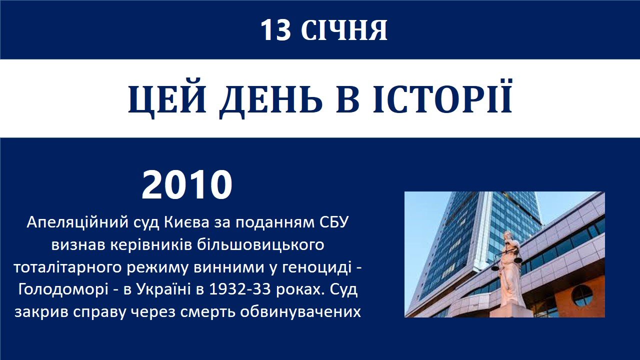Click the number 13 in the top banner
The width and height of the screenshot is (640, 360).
(x=275, y=30)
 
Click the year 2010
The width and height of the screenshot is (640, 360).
(x=187, y=184)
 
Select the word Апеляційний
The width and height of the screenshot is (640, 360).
(x=77, y=223)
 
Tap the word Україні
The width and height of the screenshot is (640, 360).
(x=163, y=289)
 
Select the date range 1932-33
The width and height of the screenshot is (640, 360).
(x=240, y=289)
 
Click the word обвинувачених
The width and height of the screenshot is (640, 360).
(x=300, y=312)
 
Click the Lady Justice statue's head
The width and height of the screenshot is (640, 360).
(x=507, y=235)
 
